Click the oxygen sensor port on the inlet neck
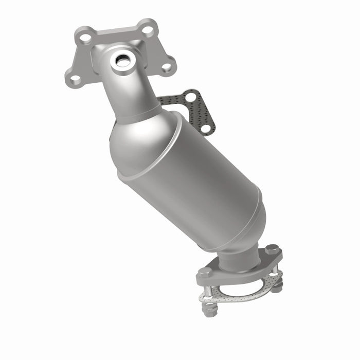pyautogui.click(x=124, y=61)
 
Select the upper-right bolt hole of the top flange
pyautogui.click(x=148, y=29)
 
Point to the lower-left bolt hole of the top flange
pyautogui.click(x=75, y=78)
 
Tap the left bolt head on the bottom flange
pyautogui.click(x=205, y=271)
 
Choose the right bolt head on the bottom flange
pyautogui.click(x=273, y=250)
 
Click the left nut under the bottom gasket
pyautogui.click(x=209, y=310)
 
